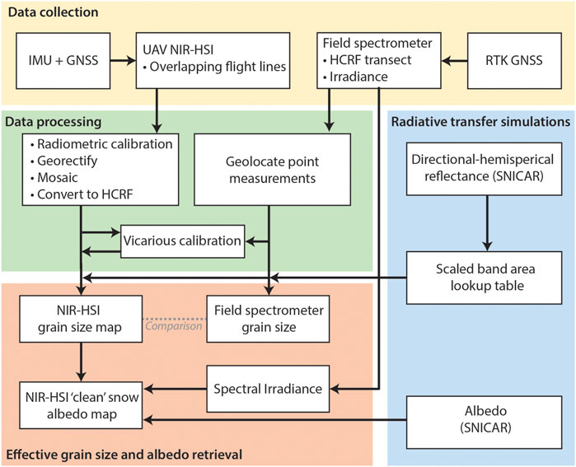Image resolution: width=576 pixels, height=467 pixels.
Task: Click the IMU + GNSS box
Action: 63,61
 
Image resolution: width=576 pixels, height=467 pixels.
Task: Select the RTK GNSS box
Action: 514,61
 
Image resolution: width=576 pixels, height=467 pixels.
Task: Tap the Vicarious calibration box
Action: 183,241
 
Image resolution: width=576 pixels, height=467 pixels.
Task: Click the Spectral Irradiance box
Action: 268,389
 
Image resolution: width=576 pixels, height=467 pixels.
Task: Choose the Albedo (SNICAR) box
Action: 485,423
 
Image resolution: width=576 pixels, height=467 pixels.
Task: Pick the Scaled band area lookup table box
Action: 485,278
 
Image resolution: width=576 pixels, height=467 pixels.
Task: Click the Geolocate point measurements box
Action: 272,169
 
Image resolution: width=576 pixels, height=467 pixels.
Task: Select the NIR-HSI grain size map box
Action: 81,319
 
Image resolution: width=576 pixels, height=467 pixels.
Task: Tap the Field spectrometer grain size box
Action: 268,319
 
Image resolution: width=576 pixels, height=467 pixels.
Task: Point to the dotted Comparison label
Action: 174,325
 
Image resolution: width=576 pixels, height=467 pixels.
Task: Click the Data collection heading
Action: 54,12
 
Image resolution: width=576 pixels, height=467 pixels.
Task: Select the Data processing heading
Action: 54,122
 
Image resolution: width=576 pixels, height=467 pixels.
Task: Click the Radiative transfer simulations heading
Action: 480,122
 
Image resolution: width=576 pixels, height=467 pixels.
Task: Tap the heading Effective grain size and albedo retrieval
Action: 124,455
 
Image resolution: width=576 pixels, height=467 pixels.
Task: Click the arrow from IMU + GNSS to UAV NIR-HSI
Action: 123,61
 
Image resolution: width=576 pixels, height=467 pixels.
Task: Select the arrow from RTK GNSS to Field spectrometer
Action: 454,61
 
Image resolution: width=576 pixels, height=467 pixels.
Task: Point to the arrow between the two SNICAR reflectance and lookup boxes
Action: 487,223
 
